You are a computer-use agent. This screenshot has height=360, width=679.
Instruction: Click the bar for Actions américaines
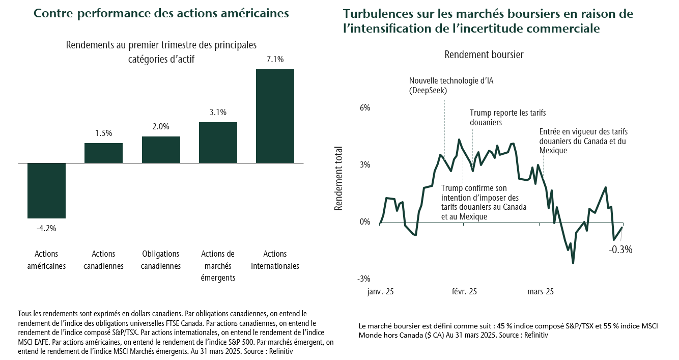pos(46,190)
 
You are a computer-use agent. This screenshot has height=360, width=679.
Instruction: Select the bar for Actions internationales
pos(275,116)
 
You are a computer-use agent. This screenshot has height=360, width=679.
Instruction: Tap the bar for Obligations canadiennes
pos(161,150)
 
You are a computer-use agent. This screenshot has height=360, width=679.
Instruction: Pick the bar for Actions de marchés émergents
pos(218,143)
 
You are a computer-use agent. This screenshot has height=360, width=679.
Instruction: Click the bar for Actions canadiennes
pos(103,153)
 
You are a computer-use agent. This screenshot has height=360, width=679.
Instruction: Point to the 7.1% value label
pos(275,60)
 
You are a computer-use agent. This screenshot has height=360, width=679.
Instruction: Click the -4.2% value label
pos(46,228)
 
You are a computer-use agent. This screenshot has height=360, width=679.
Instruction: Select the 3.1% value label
pos(218,113)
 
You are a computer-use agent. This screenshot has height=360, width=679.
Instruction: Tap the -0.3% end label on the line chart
pos(620,250)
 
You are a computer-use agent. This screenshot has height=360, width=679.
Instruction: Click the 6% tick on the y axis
pos(364,108)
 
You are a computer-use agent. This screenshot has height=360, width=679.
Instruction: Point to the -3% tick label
pos(363,279)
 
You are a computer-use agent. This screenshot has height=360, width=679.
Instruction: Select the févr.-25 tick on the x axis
pos(464,292)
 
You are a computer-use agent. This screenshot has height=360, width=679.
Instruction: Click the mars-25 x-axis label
pos(541,292)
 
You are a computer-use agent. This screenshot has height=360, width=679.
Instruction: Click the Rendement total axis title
pos(338,179)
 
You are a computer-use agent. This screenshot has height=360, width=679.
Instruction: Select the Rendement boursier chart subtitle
pos(484,54)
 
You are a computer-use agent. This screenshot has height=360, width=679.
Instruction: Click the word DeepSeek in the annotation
pos(430,90)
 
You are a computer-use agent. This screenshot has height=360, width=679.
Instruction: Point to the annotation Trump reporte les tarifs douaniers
pos(507,118)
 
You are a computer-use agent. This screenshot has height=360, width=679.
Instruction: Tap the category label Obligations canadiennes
pos(161,260)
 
